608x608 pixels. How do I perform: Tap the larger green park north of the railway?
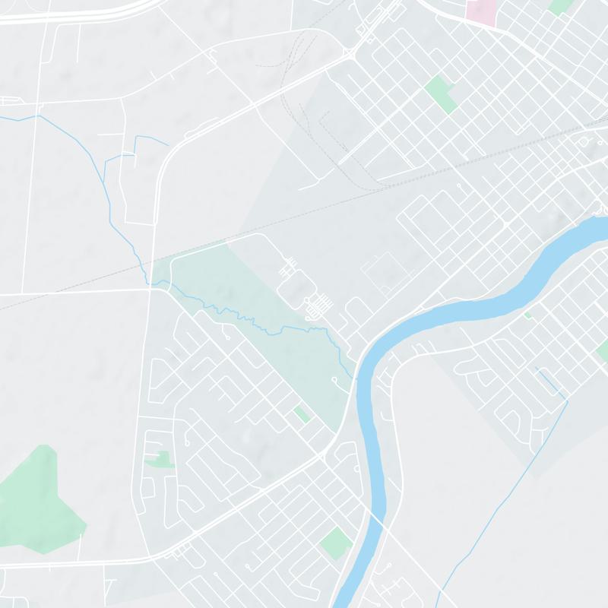point(441,93)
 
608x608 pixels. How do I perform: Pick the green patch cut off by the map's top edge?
point(561,6)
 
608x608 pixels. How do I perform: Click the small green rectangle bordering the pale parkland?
point(302,413)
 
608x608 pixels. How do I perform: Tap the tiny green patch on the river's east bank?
point(528,314)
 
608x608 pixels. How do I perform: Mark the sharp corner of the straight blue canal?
point(567,401)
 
